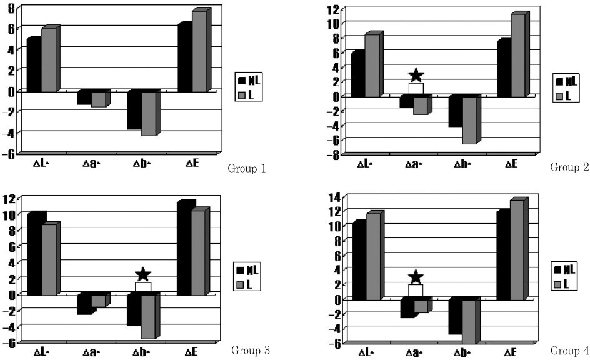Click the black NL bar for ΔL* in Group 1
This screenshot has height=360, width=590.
tap(33, 65)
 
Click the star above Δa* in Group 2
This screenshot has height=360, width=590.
tap(416, 76)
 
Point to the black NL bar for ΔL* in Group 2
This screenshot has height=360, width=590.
tap(357, 75)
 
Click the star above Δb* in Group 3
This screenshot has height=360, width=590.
tap(143, 274)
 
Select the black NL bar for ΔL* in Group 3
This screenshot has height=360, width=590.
tap(35, 254)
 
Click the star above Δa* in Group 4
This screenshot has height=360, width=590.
tap(416, 277)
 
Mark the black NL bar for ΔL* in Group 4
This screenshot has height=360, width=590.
tap(359, 261)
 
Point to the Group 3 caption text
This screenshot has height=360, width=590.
tap(250, 350)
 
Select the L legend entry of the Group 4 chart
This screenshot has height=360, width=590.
tap(562, 284)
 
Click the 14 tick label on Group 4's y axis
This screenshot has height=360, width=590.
tap(331, 198)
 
